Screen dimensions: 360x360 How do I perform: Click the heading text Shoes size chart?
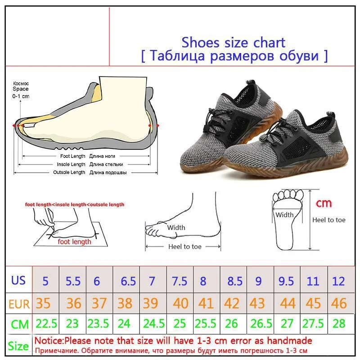point(233,42)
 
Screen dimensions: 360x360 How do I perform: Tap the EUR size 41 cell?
point(207,303)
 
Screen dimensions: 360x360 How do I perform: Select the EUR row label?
point(18,304)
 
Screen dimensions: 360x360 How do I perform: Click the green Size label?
point(18,346)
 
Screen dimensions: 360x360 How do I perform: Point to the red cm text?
point(323,203)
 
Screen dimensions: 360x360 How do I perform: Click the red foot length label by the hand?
point(74,242)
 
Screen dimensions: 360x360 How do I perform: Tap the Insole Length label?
point(70,164)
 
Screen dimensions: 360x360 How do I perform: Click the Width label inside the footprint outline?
point(284,215)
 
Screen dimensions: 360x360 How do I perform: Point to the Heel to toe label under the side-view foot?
point(185,247)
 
